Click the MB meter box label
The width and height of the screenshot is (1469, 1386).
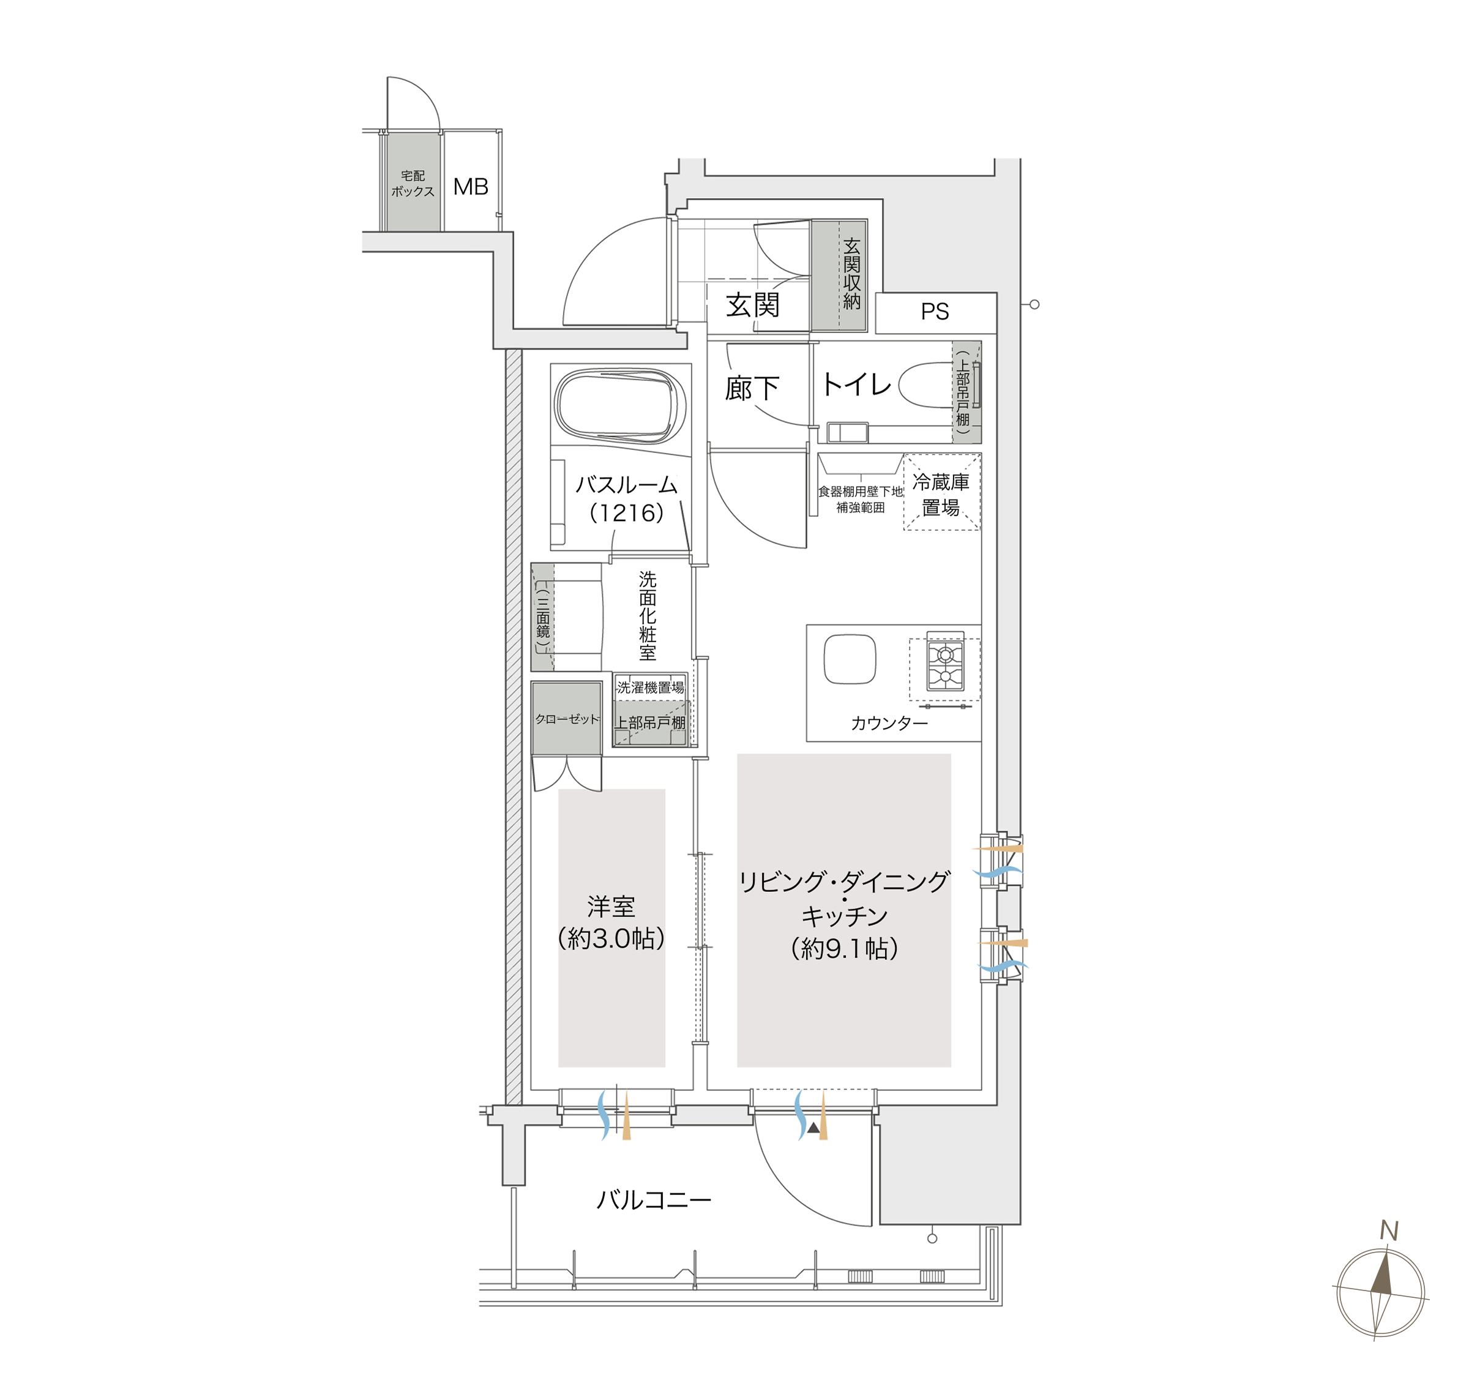pyautogui.click(x=471, y=186)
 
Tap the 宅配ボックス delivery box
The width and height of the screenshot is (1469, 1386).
pyautogui.click(x=413, y=182)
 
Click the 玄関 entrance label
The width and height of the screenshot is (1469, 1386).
pyautogui.click(x=752, y=304)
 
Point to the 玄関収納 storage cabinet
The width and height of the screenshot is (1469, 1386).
pyautogui.click(x=839, y=275)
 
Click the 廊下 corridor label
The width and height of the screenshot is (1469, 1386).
pyautogui.click(x=752, y=388)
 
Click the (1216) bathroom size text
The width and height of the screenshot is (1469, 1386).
pyautogui.click(x=627, y=512)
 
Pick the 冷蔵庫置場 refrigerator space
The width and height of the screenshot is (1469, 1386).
pyautogui.click(x=942, y=492)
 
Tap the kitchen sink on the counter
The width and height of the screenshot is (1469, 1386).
pyautogui.click(x=850, y=659)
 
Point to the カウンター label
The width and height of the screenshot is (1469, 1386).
pyautogui.click(x=889, y=723)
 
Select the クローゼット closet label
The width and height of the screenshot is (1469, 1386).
pyautogui.click(x=567, y=719)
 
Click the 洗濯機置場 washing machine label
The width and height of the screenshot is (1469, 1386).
pyautogui.click(x=650, y=687)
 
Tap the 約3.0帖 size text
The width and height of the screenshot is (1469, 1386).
pyautogui.click(x=611, y=938)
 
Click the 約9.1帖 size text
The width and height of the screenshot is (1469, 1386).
pyautogui.click(x=845, y=948)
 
